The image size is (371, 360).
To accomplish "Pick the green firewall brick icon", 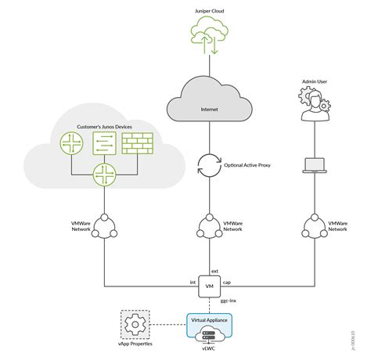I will (139, 142).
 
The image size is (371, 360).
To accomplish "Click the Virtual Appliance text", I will (209, 320).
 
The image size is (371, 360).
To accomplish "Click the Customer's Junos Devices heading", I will (104, 125).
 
